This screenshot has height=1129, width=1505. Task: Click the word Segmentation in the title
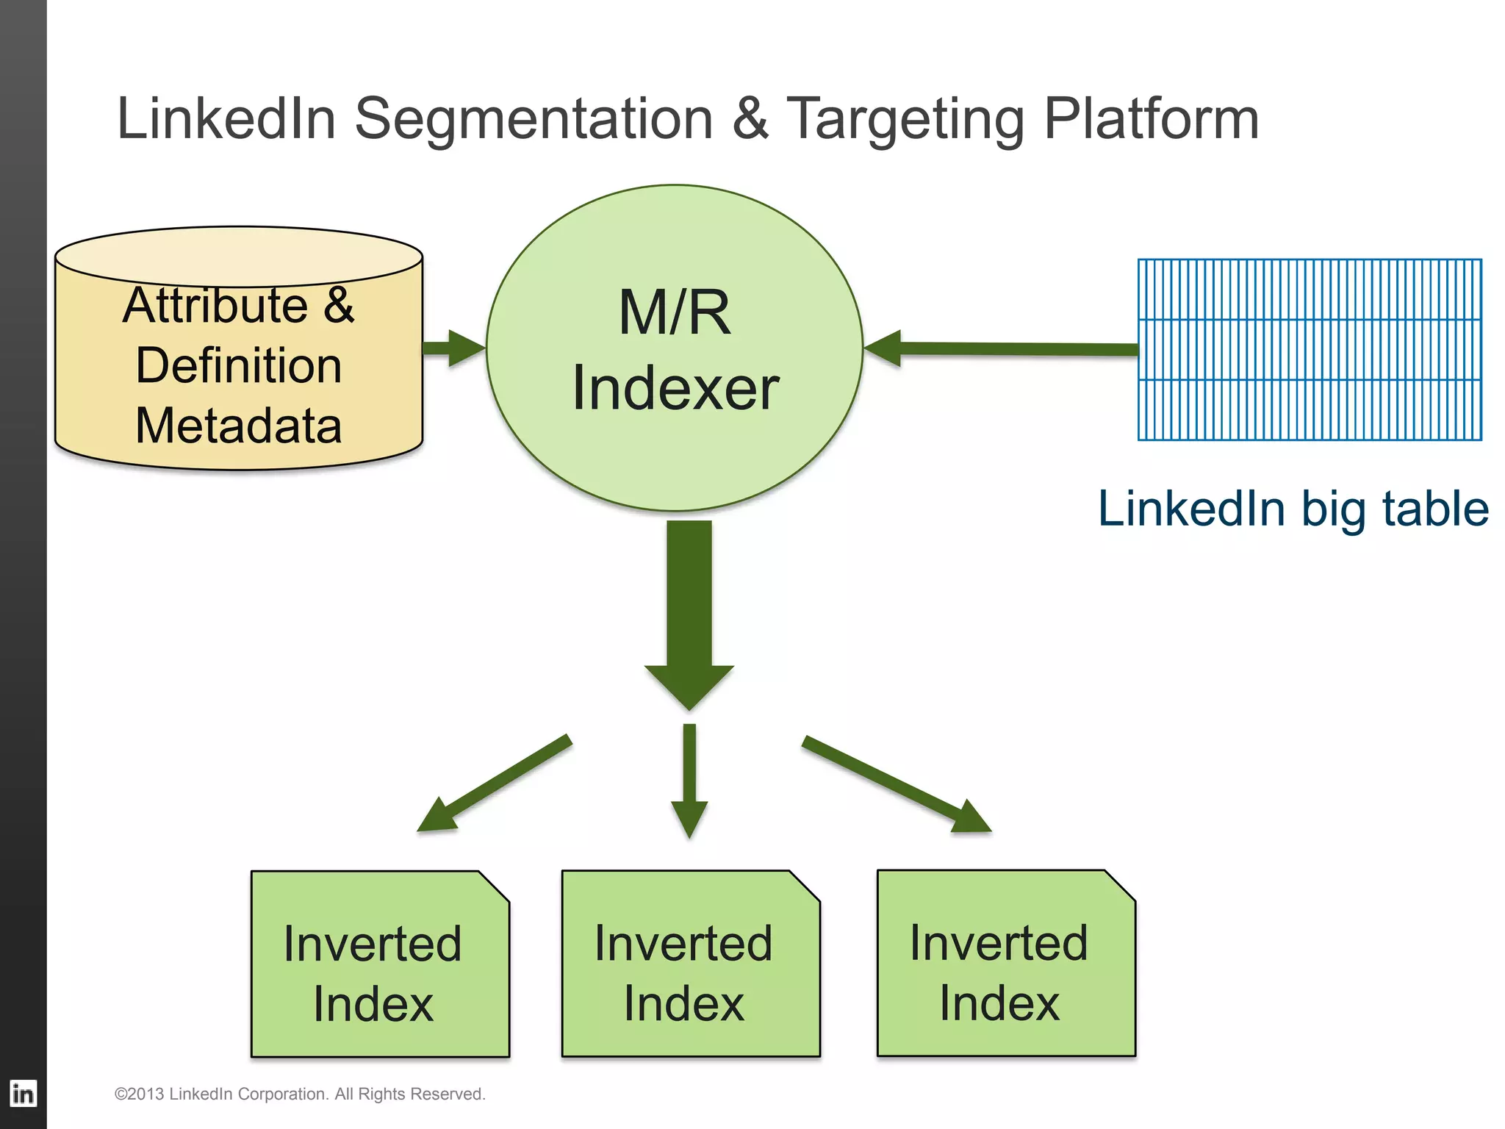click(534, 119)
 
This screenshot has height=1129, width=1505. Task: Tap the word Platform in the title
click(1151, 119)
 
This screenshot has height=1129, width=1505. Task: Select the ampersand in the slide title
click(750, 119)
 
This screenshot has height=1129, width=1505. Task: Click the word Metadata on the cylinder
click(239, 426)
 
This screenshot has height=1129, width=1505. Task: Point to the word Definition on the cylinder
click(239, 365)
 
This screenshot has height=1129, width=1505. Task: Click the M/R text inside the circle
click(675, 312)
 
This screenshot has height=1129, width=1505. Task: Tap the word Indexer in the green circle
click(675, 388)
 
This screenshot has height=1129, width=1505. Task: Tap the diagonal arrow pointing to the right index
click(897, 784)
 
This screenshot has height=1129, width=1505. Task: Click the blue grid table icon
click(1310, 350)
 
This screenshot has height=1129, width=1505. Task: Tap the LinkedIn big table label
click(1293, 509)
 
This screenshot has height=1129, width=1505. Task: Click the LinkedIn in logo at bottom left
click(23, 1093)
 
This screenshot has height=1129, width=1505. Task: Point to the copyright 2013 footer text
click(300, 1094)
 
